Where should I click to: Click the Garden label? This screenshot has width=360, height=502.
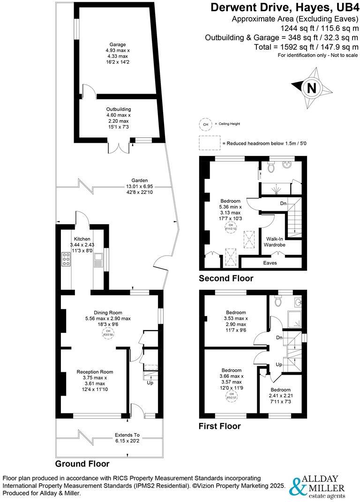(x=139, y=180)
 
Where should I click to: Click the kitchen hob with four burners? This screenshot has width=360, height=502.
(x=66, y=258)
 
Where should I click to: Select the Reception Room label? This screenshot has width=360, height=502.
(x=95, y=372)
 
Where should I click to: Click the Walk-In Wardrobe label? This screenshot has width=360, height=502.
(x=276, y=242)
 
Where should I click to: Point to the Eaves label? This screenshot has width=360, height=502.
(x=270, y=263)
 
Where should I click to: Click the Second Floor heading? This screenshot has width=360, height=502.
(x=226, y=278)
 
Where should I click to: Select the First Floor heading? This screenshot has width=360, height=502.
(x=219, y=426)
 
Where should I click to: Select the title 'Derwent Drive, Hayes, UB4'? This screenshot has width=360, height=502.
(x=284, y=7)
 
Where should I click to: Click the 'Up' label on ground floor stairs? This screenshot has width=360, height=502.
(x=150, y=383)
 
